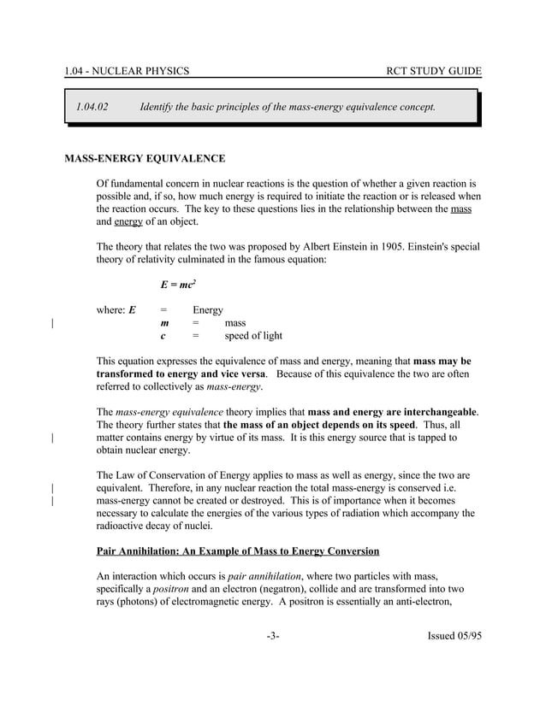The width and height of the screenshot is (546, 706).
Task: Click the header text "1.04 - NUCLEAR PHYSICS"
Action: point(127,70)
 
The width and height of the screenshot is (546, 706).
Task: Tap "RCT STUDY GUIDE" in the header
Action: point(434,70)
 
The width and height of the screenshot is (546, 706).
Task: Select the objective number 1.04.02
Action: point(92,107)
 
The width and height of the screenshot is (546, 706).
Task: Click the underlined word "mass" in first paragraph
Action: point(460,209)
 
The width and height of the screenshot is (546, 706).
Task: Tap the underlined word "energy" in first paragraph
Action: point(128,221)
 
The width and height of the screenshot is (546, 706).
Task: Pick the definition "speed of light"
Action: point(253,336)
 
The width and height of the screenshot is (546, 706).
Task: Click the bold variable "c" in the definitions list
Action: point(163,336)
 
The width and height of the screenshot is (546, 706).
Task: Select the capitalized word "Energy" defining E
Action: point(208,310)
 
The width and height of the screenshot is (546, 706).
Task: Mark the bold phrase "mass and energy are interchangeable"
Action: point(391,412)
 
